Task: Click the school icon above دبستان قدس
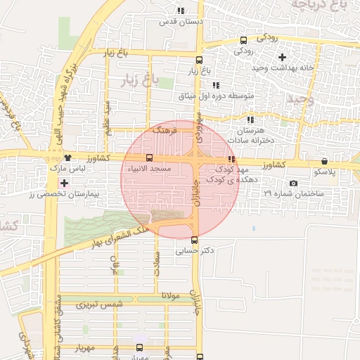181,11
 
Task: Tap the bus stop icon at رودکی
243,41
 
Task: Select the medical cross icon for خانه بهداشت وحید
282,57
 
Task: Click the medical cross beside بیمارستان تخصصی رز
65,183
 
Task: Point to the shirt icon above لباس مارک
67,159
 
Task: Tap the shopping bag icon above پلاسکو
324,161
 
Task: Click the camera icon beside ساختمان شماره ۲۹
293,183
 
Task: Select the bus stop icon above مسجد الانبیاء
148,157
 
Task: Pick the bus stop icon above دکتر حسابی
195,240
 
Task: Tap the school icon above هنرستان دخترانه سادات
250,120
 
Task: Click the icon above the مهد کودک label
231,160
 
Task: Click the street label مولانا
170,295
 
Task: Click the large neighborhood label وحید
298,99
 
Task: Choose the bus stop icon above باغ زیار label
199,60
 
